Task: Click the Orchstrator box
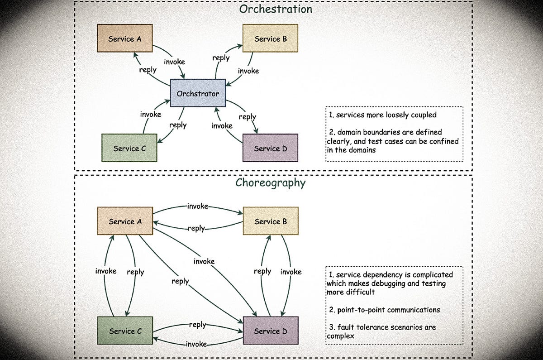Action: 198,94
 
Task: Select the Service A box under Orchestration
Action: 124,38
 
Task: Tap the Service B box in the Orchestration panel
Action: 270,38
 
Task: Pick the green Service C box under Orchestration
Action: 129,148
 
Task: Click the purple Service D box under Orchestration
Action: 270,148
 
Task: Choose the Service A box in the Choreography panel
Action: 124,221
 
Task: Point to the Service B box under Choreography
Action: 270,221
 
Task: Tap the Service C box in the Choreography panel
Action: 125,331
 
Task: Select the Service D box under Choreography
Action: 270,331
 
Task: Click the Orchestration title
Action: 276,9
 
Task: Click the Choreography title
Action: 270,183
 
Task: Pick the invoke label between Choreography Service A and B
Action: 198,206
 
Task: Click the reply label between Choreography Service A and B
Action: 196,229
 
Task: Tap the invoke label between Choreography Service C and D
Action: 196,344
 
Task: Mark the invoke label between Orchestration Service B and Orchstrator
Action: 248,71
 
